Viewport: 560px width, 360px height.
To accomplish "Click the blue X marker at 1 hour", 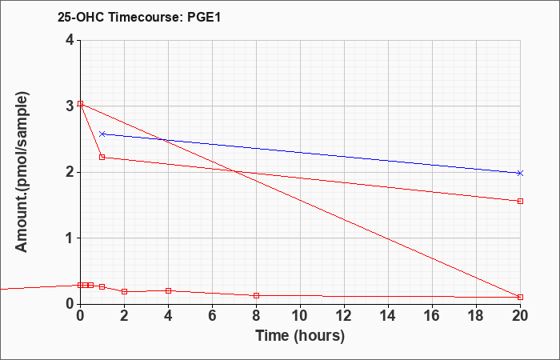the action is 102,134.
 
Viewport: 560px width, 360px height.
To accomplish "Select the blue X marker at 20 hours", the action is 520,174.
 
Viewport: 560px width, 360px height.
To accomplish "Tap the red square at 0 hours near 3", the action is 80,103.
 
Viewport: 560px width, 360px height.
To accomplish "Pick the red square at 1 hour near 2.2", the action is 102,157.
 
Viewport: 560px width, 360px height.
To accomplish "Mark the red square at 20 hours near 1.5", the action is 520,201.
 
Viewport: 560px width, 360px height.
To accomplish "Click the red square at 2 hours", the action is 124,291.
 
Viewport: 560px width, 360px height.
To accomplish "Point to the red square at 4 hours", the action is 169,290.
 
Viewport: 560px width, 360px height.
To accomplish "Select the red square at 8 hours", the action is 257,295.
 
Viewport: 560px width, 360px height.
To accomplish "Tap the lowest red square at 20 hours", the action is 520,297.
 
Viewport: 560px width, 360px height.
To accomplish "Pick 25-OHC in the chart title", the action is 81,17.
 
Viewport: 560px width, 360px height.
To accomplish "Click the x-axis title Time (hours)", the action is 300,336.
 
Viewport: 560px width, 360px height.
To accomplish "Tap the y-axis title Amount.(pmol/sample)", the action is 22,172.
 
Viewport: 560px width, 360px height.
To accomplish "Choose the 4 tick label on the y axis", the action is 70,40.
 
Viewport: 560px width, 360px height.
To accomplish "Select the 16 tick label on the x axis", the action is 432,316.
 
